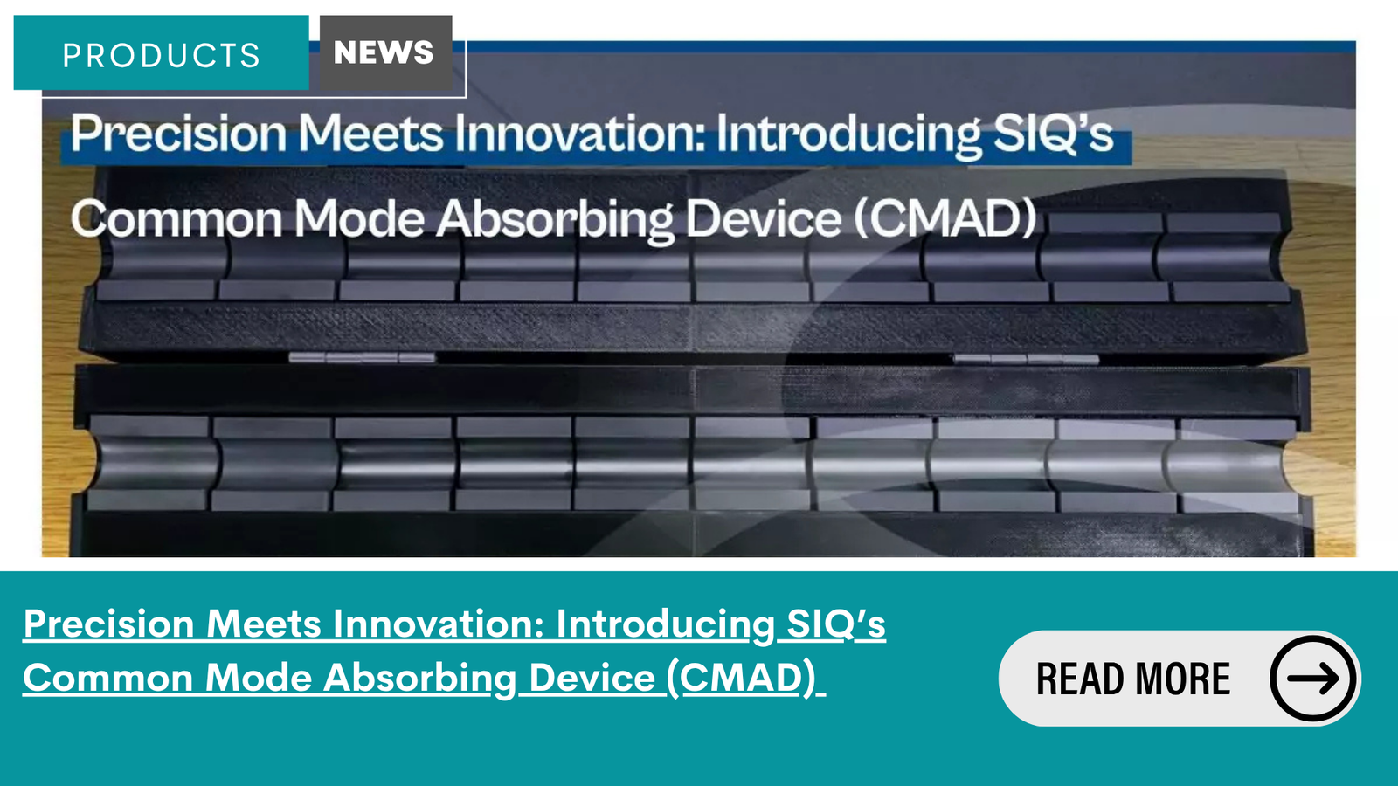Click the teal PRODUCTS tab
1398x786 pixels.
pos(161,52)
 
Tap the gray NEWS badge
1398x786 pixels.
pos(385,52)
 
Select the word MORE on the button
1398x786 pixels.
pos(1182,679)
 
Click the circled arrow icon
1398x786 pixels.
pos(1313,678)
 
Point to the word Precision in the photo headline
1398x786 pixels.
pos(178,134)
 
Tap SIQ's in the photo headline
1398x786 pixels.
pos(1054,134)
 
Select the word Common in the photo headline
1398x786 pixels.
pos(176,219)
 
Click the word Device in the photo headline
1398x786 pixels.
pos(764,219)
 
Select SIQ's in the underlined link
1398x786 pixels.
pos(835,624)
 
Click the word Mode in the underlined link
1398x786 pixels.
pos(259,678)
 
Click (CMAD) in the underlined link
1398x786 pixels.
pos(741,679)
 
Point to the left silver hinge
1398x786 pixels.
pos(362,357)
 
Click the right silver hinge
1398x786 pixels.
pos(1026,359)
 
